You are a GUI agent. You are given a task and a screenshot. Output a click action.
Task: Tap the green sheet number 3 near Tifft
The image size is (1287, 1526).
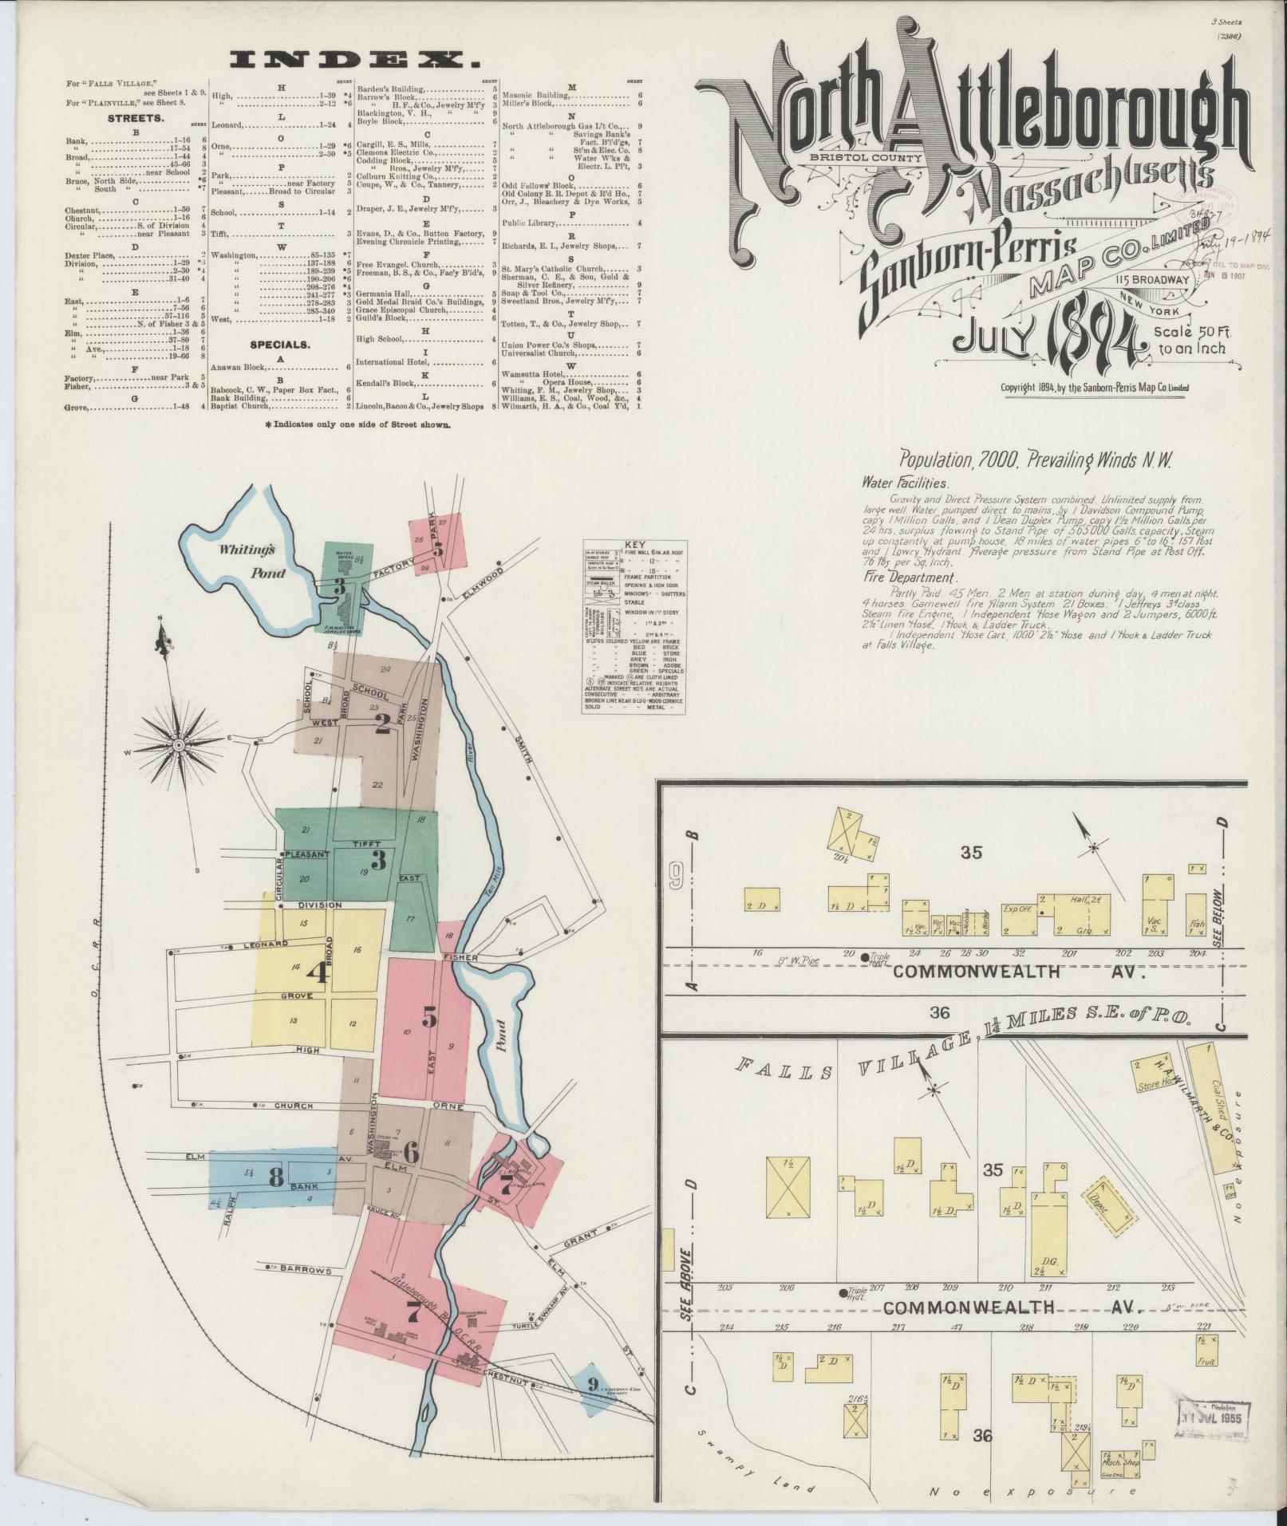pos(378,860)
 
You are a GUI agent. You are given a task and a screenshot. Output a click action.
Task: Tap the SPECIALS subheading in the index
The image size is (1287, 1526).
pos(278,345)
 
